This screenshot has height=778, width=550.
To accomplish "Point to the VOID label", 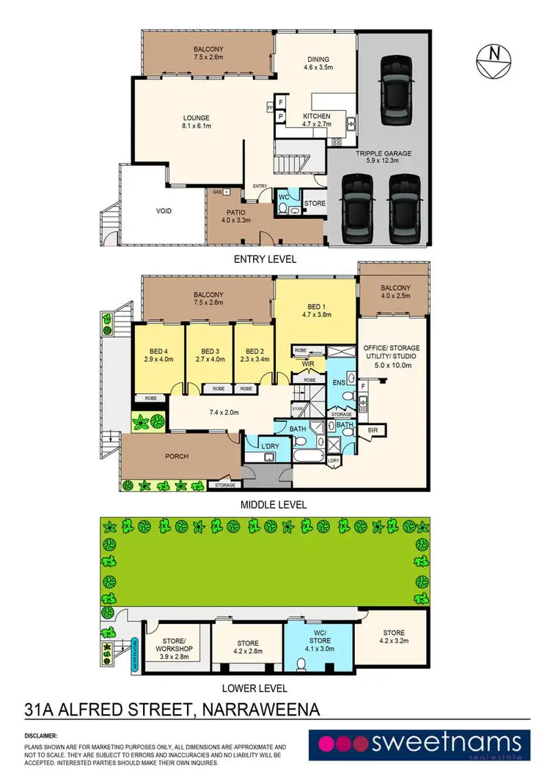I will (164, 211).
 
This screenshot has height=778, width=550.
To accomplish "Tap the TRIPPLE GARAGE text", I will (384, 153).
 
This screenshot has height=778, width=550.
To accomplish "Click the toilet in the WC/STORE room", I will (301, 665).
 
